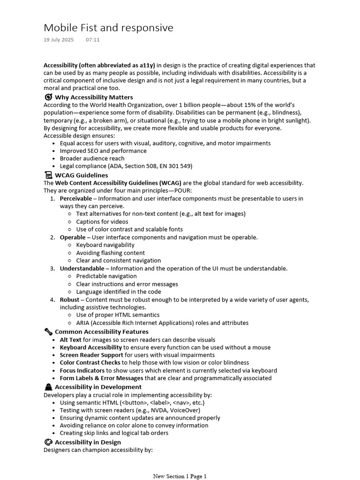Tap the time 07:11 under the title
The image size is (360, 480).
tap(93, 40)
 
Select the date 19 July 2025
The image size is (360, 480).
tap(59, 40)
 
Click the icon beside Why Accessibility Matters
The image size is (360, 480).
tap(48, 97)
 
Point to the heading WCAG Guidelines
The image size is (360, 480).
tap(81, 175)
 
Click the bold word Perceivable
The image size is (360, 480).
tap(75, 198)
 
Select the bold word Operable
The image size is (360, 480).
tap(73, 237)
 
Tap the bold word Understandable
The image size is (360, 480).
tap(82, 269)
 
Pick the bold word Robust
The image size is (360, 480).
tap(69, 300)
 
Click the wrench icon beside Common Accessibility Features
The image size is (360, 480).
tap(48, 332)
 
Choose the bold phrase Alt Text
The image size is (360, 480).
tap(70, 340)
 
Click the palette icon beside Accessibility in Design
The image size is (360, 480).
tap(48, 442)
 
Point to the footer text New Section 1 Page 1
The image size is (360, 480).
tap(180, 476)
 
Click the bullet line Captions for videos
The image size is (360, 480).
tap(102, 222)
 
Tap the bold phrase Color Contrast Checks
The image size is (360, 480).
tap(90, 363)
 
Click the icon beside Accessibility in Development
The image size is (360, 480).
tap(48, 387)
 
